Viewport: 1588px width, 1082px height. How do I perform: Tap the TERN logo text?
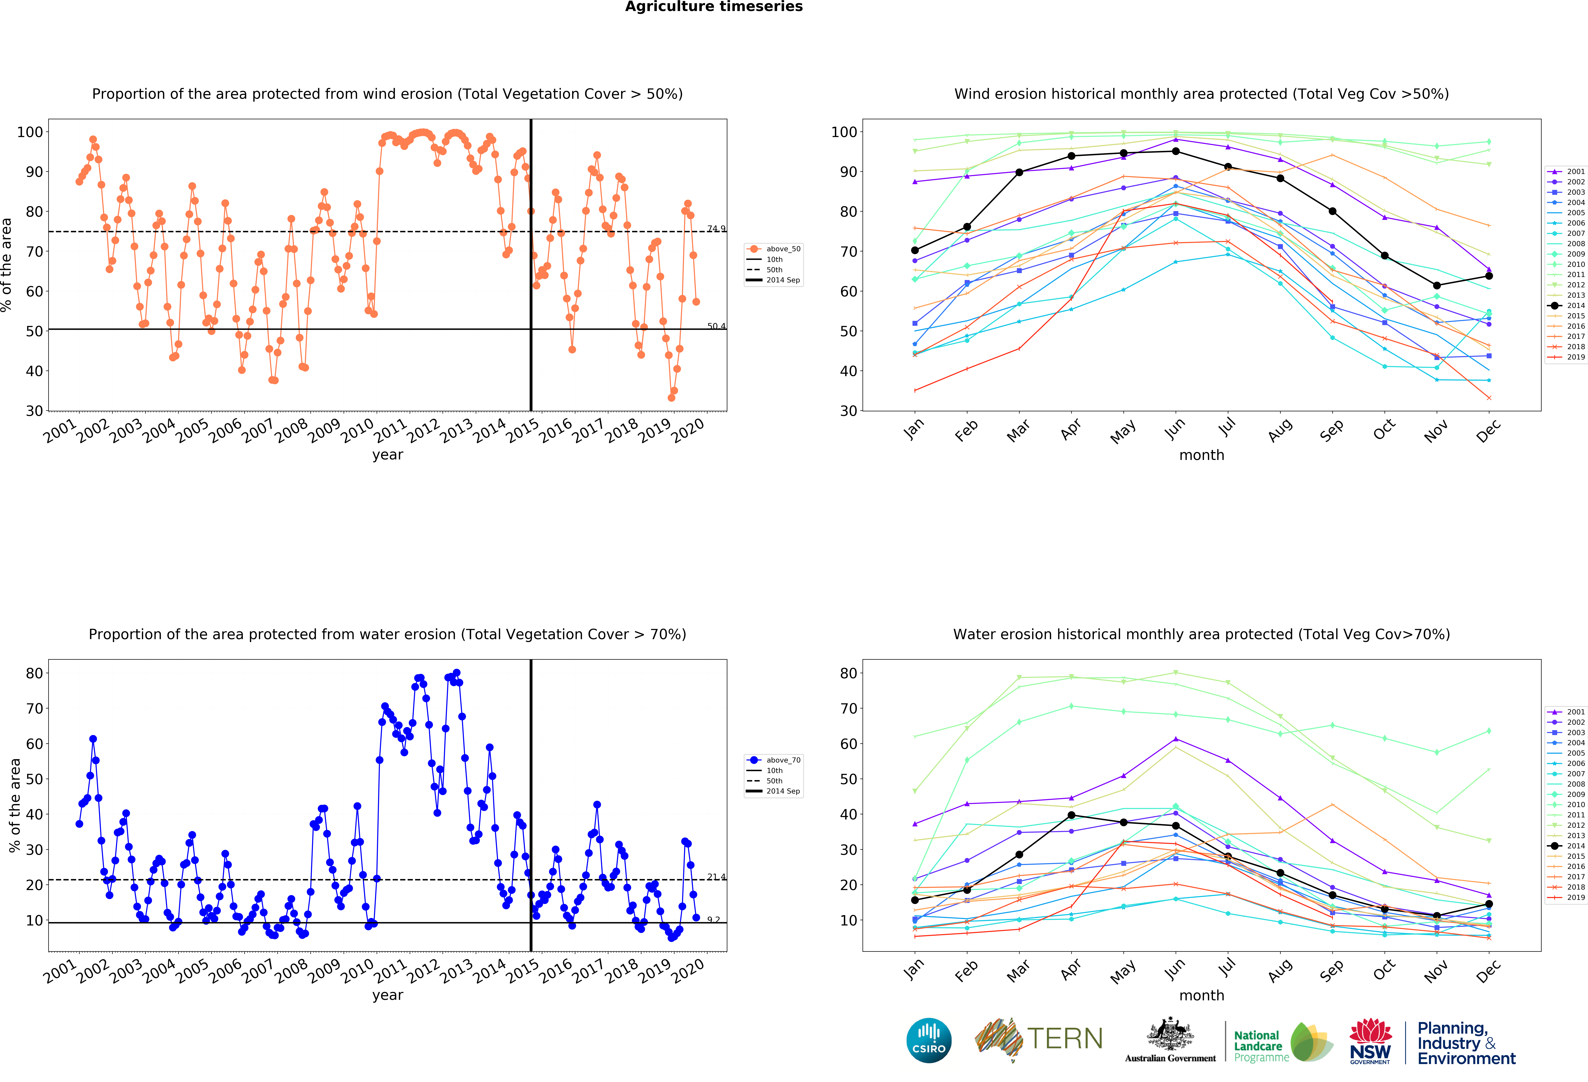[x=1065, y=1039]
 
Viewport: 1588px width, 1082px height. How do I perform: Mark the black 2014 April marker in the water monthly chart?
[x=1071, y=815]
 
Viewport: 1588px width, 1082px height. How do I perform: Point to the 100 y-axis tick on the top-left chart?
[x=30, y=132]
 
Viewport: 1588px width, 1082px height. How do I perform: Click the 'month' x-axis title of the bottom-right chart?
[x=1201, y=995]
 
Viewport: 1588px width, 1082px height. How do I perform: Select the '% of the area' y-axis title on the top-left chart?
[x=7, y=264]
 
